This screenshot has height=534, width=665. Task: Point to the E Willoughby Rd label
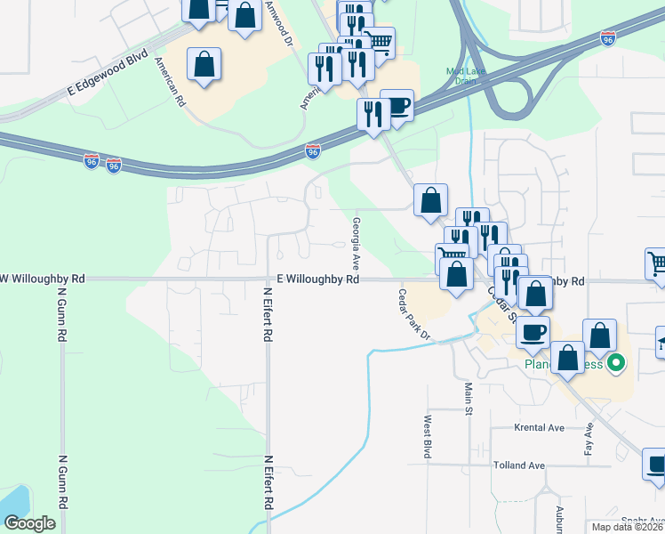coord(316,279)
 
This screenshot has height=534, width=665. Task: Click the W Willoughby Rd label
coord(44,279)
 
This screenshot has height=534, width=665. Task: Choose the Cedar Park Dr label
coord(414,315)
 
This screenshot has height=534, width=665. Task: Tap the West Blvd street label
coord(428,437)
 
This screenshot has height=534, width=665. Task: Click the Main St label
coord(468,398)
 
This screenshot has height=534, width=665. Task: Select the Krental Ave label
coord(540,428)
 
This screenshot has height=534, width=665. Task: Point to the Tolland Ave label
coord(519,465)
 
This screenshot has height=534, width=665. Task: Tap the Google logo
coord(29,523)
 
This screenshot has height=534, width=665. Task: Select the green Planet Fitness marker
coord(614,364)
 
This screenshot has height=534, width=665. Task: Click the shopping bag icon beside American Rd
coord(204,64)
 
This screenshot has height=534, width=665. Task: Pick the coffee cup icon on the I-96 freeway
coord(397,106)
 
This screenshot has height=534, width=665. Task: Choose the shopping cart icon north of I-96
coord(380,42)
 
